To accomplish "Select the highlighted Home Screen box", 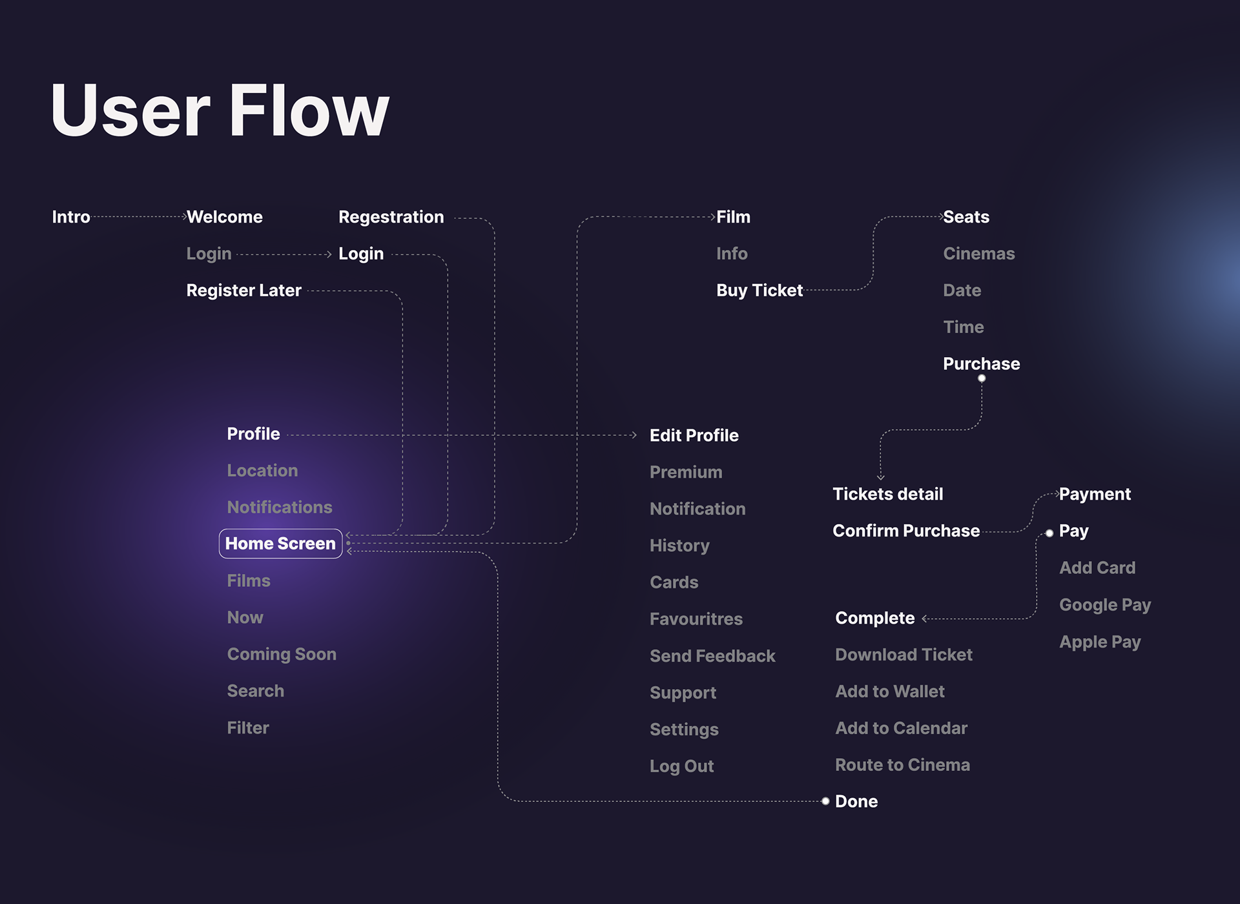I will click(280, 544).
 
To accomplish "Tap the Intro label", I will click(71, 217).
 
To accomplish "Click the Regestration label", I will click(391, 217).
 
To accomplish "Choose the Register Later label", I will click(243, 291).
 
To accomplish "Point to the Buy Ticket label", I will click(759, 291).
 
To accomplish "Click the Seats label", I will click(966, 217).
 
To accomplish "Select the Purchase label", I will click(981, 364).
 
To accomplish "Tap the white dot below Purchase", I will click(982, 378).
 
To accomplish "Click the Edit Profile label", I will click(694, 435).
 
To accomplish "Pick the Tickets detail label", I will click(887, 494).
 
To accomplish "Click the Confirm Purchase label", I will click(905, 531).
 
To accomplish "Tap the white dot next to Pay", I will click(1049, 533).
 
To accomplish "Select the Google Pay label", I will click(1104, 605).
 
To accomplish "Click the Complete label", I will click(874, 618).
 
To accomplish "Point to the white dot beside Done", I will click(825, 801).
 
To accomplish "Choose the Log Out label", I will click(681, 766).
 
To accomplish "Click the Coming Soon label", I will click(282, 654).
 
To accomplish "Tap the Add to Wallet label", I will click(889, 692).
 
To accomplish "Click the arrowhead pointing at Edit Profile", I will click(634, 435).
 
